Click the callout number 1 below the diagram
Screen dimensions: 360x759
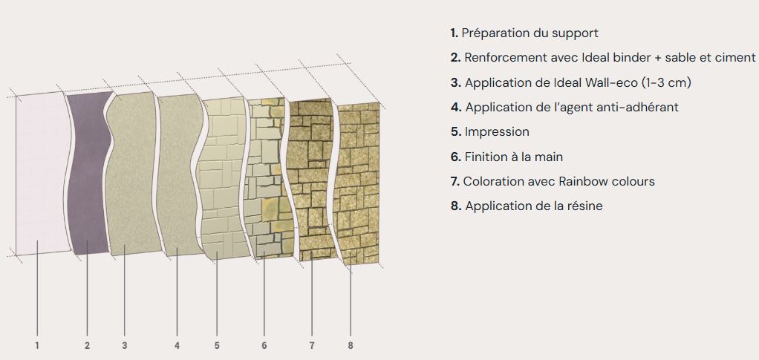[x=36, y=345]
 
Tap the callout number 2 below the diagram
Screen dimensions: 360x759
[x=87, y=345]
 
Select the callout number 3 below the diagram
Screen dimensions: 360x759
[x=125, y=345]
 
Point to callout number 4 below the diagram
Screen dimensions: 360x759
[x=177, y=345]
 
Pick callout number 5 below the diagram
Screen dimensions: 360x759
[x=217, y=345]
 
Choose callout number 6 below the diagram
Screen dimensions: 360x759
[x=264, y=345]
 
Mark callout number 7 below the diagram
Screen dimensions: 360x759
[x=312, y=345]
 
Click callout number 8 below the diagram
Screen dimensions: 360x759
[x=350, y=345]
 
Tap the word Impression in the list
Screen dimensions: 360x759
[x=497, y=131]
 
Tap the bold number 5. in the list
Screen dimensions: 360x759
[x=456, y=131]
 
